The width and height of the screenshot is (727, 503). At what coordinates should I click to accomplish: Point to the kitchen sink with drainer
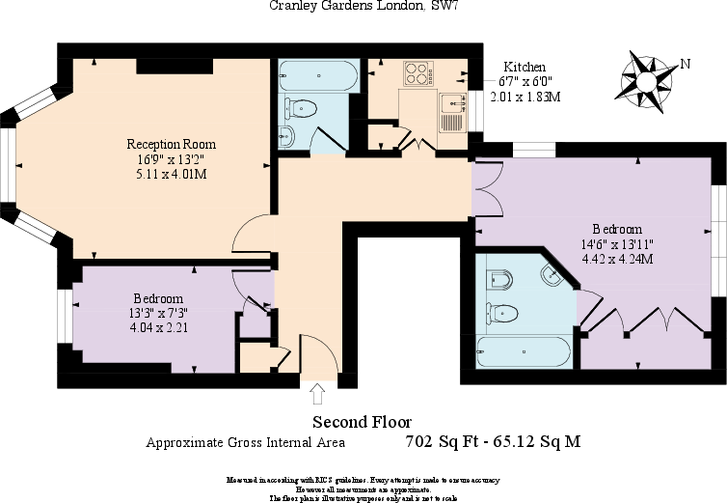click(x=451, y=110)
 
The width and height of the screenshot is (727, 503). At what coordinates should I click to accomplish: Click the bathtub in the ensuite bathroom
click(x=520, y=354)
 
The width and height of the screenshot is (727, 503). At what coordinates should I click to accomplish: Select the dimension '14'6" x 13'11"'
click(x=616, y=244)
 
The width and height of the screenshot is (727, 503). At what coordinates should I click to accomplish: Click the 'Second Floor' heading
click(x=362, y=422)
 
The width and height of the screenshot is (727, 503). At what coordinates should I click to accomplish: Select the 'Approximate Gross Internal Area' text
click(x=245, y=444)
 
